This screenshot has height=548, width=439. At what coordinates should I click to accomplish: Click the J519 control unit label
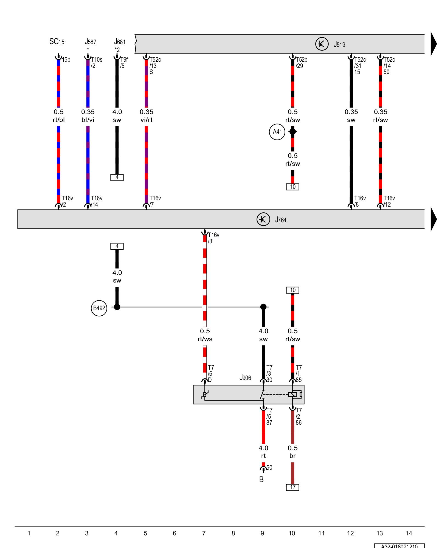[339, 44]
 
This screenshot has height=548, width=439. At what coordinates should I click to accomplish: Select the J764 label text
[281, 220]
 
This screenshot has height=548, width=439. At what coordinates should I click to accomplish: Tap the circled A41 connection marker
[277, 132]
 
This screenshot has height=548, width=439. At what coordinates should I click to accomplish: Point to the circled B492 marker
[99, 308]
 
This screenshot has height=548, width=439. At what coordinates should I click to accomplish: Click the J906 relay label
[245, 378]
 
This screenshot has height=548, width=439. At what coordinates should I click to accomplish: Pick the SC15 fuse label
[57, 42]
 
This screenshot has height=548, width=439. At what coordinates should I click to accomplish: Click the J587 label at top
[90, 42]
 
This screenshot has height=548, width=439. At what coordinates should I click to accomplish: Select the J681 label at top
[120, 42]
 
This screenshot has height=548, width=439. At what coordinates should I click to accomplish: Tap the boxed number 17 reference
[292, 487]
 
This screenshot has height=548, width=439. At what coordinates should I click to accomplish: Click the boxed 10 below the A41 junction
[292, 187]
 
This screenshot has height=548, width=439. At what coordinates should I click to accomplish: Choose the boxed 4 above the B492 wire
[117, 246]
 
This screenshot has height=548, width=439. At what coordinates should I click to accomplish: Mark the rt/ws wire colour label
[205, 339]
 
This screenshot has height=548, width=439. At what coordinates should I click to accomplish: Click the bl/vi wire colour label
[88, 120]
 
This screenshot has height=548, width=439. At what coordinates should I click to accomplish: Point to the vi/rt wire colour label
[146, 120]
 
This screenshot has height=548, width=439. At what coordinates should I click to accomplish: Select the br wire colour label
[292, 456]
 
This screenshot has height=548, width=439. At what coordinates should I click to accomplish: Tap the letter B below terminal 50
[261, 480]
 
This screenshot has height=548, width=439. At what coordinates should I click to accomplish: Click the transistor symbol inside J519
[322, 44]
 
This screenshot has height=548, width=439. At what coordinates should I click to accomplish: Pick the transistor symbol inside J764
[263, 219]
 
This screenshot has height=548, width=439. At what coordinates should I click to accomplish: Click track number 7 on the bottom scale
[204, 533]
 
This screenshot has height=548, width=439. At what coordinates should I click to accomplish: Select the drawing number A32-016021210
[399, 546]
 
